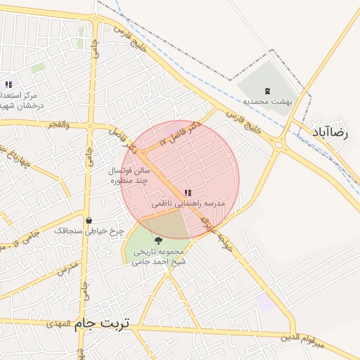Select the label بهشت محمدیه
point(267,101)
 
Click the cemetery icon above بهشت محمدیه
point(267,90)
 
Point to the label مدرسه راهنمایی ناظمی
point(188,203)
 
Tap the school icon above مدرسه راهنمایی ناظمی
point(187,192)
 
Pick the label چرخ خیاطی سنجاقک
point(89,231)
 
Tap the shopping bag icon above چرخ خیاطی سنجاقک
point(89,220)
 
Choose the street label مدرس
point(67,269)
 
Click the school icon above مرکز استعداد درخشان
point(8,84)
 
